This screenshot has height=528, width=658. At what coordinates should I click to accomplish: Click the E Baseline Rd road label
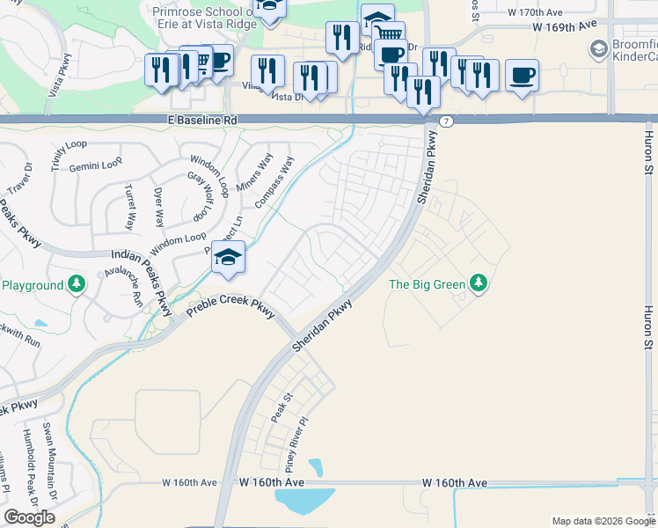pyautogui.click(x=202, y=119)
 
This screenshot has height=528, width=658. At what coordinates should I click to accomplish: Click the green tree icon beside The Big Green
pyautogui.click(x=479, y=283)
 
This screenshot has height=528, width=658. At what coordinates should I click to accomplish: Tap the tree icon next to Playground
pyautogui.click(x=77, y=284)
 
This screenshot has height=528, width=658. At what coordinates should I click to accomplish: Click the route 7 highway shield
pyautogui.click(x=447, y=121)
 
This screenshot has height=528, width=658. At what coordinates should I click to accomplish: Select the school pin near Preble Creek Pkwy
pyautogui.click(x=229, y=258)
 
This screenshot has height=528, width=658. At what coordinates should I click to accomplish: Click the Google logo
pyautogui.click(x=29, y=517)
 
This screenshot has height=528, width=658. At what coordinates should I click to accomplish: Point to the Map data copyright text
pyautogui.click(x=603, y=521)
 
